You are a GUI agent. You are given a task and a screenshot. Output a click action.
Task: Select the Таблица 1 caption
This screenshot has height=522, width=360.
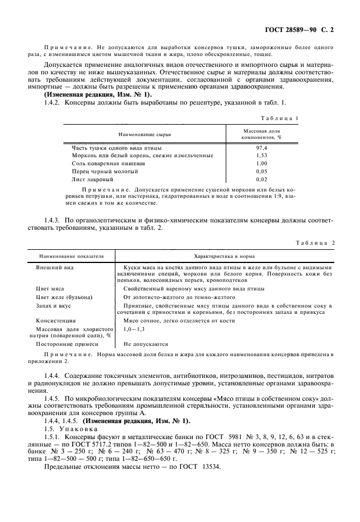pos(280,118)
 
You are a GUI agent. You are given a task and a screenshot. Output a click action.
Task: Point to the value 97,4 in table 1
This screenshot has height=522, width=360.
pos(262,148)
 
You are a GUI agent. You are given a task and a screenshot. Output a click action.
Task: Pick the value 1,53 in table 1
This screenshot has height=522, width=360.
pos(262,156)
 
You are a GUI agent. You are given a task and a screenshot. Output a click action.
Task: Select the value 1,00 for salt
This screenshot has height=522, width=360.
pos(262,164)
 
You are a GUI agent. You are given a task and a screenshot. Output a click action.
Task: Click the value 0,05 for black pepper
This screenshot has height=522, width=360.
pos(262,172)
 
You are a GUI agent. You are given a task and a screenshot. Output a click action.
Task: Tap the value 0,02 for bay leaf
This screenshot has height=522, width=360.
pos(262,180)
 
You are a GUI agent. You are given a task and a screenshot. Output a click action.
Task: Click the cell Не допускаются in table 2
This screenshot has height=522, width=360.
pos(146,344)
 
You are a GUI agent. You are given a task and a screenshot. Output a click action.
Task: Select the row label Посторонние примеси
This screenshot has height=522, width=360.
pos(67,344)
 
